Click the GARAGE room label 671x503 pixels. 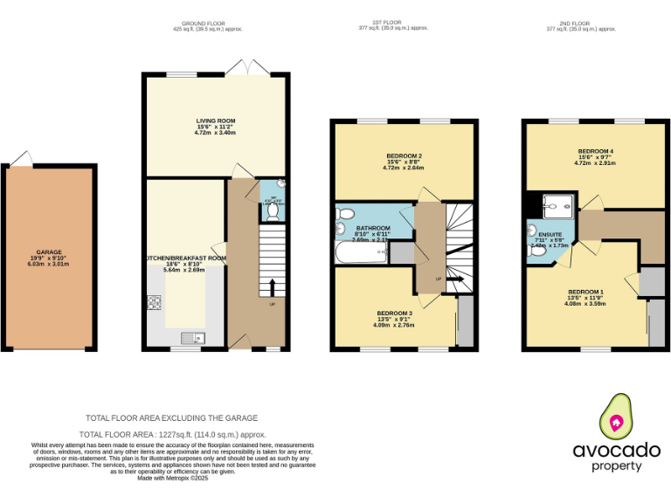[x=49, y=251]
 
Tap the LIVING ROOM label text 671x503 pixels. [x=215, y=121]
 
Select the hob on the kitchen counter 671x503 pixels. [x=155, y=302]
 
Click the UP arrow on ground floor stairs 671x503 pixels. [x=273, y=288]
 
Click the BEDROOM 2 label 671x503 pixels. [x=404, y=156]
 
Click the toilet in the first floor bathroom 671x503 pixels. [x=345, y=214]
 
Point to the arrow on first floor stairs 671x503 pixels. [x=455, y=279]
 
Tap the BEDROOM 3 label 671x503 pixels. [x=394, y=313]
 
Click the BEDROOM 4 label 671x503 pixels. [x=595, y=151]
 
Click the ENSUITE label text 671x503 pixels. [x=550, y=235]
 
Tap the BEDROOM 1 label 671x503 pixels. [x=585, y=292]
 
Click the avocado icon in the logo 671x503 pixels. [x=616, y=418]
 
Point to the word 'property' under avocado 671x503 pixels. [x=617, y=466]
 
